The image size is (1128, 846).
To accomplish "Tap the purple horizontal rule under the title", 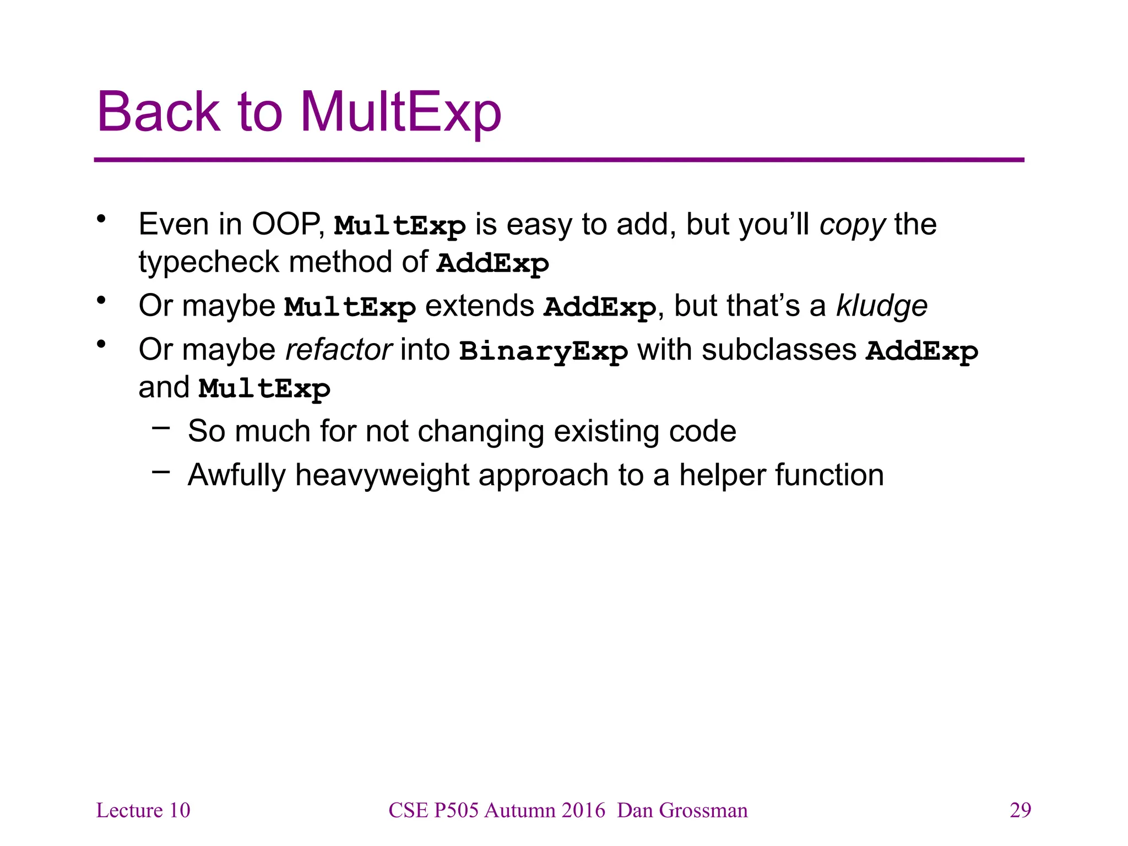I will (558, 160).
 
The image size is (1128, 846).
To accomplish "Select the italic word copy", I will (852, 225).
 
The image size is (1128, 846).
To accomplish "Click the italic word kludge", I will (882, 306).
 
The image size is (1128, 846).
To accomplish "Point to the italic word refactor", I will (339, 350).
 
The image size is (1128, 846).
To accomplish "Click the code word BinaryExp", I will (544, 351).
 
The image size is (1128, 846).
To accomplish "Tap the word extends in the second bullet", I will (480, 306).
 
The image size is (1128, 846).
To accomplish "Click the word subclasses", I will (779, 350).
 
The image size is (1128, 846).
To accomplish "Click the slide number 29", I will (1020, 810).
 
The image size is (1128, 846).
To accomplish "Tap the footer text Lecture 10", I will (143, 810).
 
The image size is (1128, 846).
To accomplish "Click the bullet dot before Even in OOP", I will (101, 219).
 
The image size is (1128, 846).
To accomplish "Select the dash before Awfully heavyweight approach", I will (161, 471).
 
